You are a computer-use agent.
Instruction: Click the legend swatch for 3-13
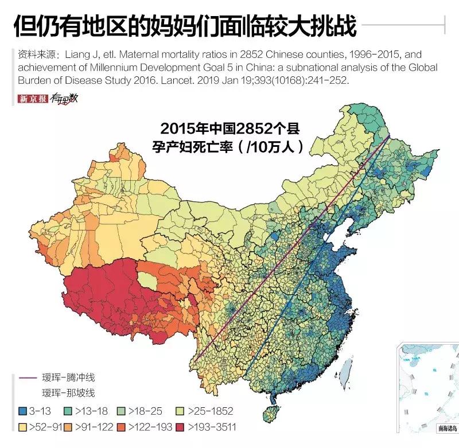click(22, 411)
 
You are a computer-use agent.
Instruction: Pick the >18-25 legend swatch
click(121, 411)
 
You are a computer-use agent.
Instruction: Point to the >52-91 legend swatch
click(22, 427)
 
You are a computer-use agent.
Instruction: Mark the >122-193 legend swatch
click(121, 427)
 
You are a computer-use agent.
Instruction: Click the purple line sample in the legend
click(25, 377)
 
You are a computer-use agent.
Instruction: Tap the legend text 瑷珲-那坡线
click(68, 394)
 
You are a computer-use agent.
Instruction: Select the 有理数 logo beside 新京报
click(63, 99)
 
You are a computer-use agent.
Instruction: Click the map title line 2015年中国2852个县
click(230, 127)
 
